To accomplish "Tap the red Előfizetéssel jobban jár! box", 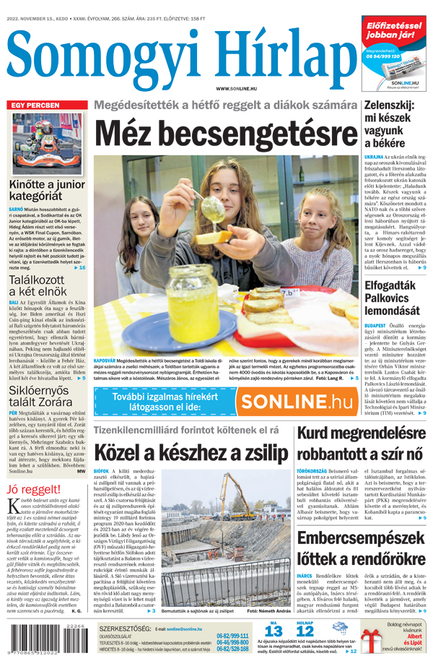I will coord(394,30).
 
